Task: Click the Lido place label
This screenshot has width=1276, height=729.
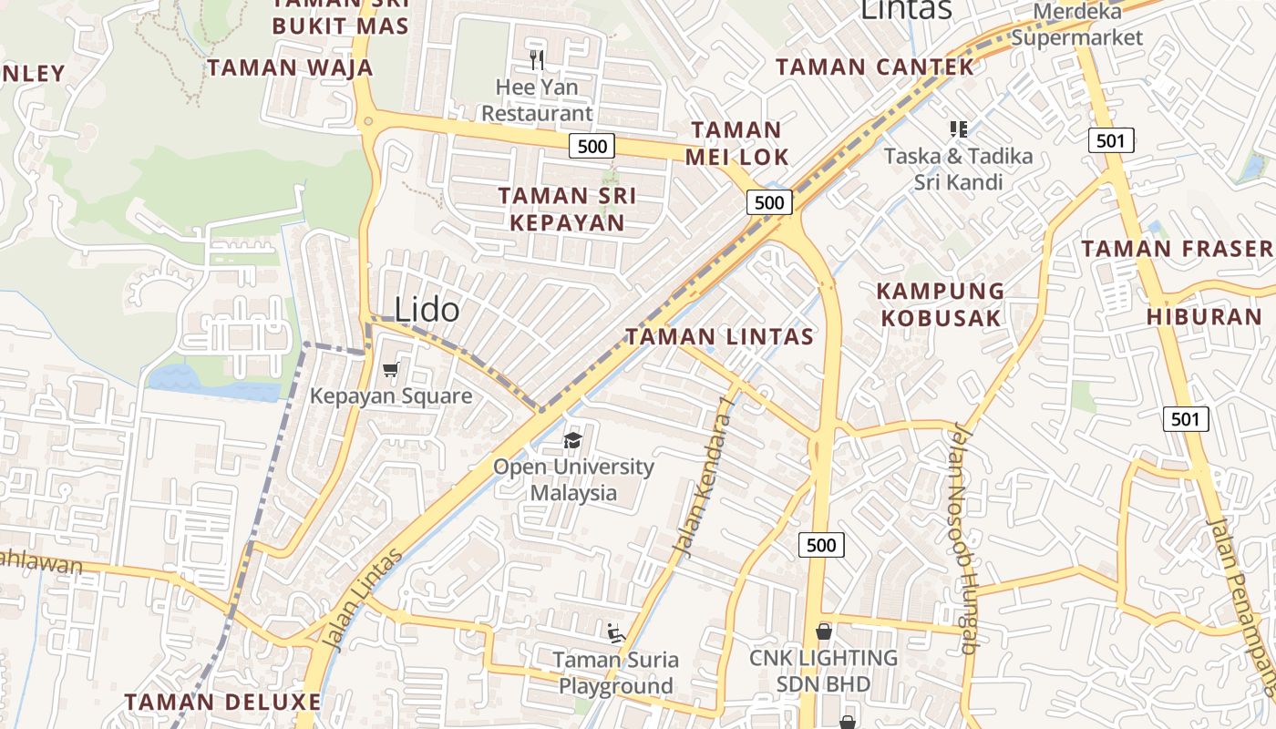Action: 427,310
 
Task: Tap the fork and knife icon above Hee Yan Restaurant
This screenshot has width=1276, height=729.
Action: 537,61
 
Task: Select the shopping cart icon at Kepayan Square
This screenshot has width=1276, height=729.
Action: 391,369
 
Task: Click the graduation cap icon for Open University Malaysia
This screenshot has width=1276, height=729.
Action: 572,441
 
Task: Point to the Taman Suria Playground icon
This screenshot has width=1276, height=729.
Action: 615,631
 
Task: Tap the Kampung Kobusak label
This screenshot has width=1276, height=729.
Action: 940,304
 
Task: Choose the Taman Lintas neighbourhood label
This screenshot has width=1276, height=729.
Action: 719,336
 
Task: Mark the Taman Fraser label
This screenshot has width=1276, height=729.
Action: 1176,248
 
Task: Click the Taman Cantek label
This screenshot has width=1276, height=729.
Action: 874,67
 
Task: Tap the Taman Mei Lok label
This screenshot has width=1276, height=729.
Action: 736,143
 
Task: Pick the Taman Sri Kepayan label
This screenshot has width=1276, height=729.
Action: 567,209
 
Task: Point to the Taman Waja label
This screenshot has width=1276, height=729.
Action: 290,67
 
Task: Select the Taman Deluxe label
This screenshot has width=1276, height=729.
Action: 222,702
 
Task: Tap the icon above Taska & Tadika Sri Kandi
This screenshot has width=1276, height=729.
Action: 958,129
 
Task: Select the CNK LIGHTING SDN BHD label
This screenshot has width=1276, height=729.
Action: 823,671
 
